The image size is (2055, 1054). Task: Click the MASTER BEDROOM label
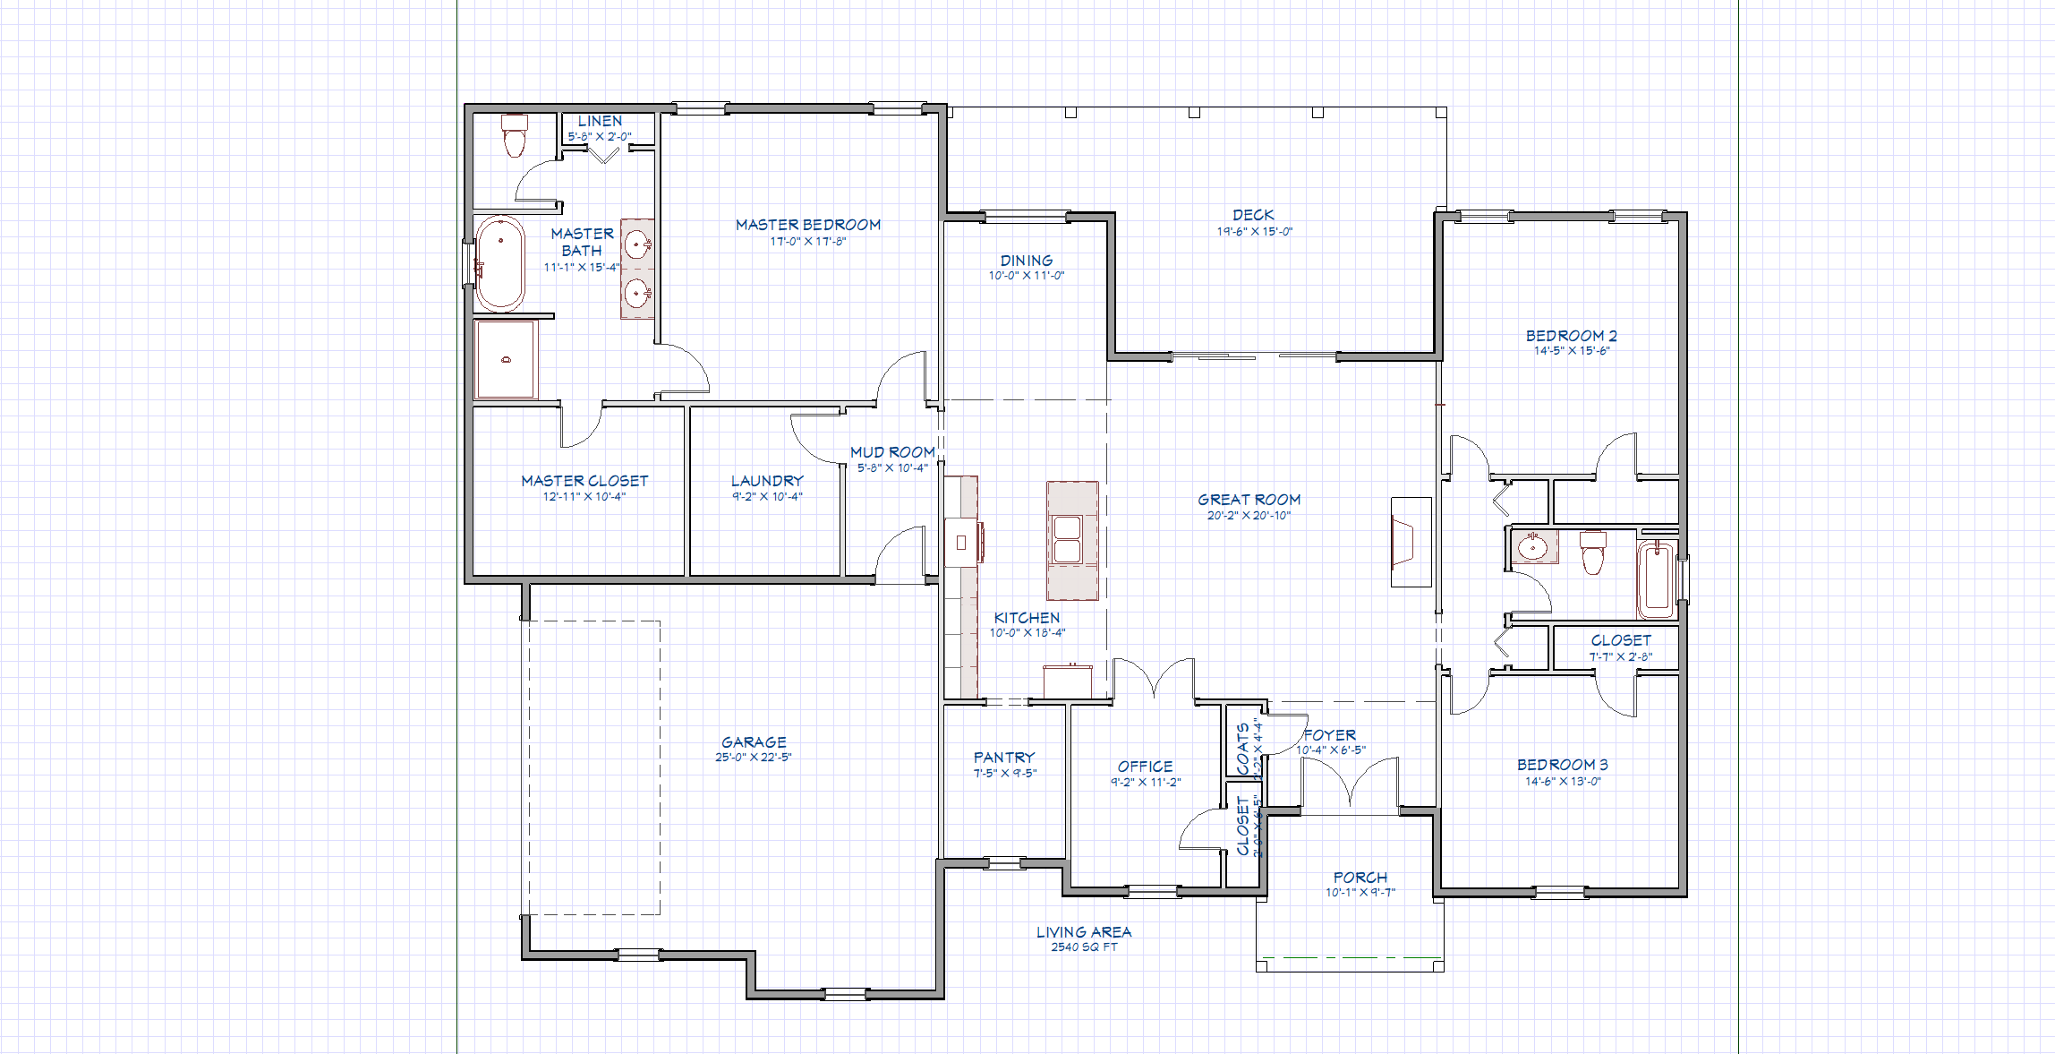click(x=807, y=225)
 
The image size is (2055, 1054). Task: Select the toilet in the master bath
click(x=514, y=136)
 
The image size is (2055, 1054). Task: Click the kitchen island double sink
click(x=1067, y=539)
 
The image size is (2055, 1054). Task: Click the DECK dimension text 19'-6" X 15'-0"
click(x=1254, y=231)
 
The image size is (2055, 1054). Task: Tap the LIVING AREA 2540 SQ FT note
click(x=1084, y=938)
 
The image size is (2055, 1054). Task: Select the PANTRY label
click(x=1004, y=758)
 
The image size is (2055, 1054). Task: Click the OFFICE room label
click(x=1145, y=767)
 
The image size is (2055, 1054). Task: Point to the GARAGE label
click(x=754, y=742)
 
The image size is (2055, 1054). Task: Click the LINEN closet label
click(x=600, y=121)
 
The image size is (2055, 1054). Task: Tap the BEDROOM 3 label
click(x=1562, y=765)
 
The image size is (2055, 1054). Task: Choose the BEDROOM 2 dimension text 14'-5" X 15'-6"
click(x=1571, y=351)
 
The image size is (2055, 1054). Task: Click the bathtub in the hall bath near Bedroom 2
click(x=1657, y=579)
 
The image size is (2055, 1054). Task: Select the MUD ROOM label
click(x=892, y=452)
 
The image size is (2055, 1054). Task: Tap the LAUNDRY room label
click(x=767, y=481)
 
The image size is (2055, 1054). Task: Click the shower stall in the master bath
click(x=506, y=359)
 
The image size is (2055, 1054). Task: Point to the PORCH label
click(x=1360, y=878)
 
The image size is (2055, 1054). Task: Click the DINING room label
click(x=1027, y=261)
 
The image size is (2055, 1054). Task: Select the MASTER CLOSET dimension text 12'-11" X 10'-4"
click(x=584, y=497)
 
